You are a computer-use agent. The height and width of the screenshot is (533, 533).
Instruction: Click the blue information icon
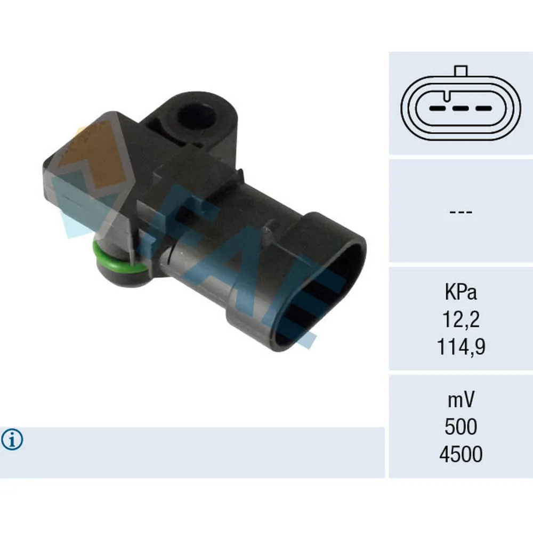(12, 440)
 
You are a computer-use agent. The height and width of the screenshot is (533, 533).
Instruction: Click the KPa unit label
(461, 293)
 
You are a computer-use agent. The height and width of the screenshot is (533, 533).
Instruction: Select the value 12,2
(461, 320)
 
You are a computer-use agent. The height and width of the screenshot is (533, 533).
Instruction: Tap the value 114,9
(461, 348)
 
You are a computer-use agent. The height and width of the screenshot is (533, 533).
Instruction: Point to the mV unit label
(461, 399)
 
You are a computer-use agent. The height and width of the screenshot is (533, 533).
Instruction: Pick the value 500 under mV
(461, 427)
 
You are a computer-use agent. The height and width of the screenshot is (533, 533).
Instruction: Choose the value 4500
(461, 455)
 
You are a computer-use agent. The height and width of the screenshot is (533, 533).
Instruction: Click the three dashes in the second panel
(461, 212)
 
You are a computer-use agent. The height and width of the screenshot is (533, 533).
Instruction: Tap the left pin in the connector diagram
(438, 108)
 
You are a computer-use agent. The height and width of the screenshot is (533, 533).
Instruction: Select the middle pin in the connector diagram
(461, 108)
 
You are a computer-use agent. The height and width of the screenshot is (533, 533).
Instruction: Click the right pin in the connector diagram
(483, 108)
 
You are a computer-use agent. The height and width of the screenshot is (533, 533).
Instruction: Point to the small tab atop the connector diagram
(461, 71)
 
